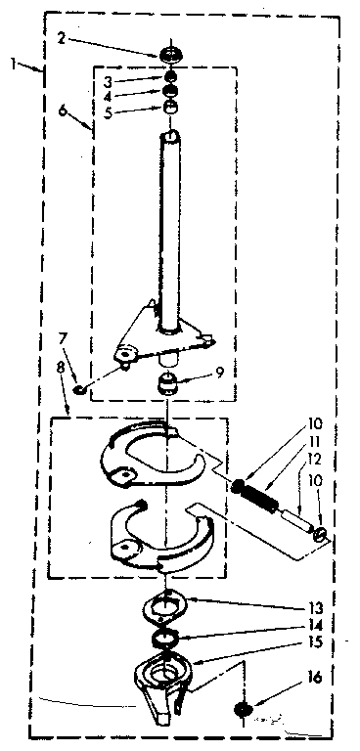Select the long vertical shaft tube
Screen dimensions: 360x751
172,235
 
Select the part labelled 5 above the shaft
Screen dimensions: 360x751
172,108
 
